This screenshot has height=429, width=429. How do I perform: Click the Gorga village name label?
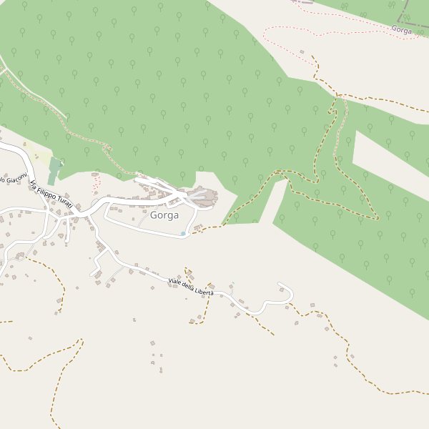[164, 215]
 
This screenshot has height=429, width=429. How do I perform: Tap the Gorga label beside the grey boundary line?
[402, 30]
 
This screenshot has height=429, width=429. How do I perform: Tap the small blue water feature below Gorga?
[183, 233]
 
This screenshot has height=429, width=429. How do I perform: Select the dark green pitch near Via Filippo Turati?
[54, 171]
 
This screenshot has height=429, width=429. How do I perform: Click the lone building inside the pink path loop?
[302, 51]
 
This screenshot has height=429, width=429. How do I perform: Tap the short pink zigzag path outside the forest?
[96, 185]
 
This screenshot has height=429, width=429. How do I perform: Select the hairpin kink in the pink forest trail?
[109, 147]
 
